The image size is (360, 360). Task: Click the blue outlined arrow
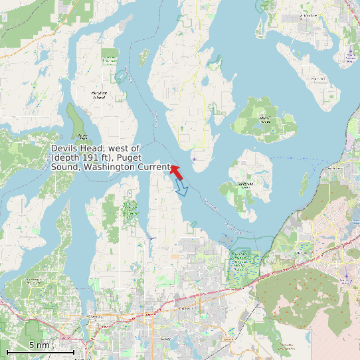pos(181,189)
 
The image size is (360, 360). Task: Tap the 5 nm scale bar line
pos(40,351)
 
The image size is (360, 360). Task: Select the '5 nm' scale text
pos(39,345)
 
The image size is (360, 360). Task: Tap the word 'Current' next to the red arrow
pos(153,167)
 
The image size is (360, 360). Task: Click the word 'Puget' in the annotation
pos(153,157)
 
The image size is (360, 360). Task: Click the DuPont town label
pos(302,253)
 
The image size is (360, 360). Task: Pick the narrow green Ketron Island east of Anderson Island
pos(305,183)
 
